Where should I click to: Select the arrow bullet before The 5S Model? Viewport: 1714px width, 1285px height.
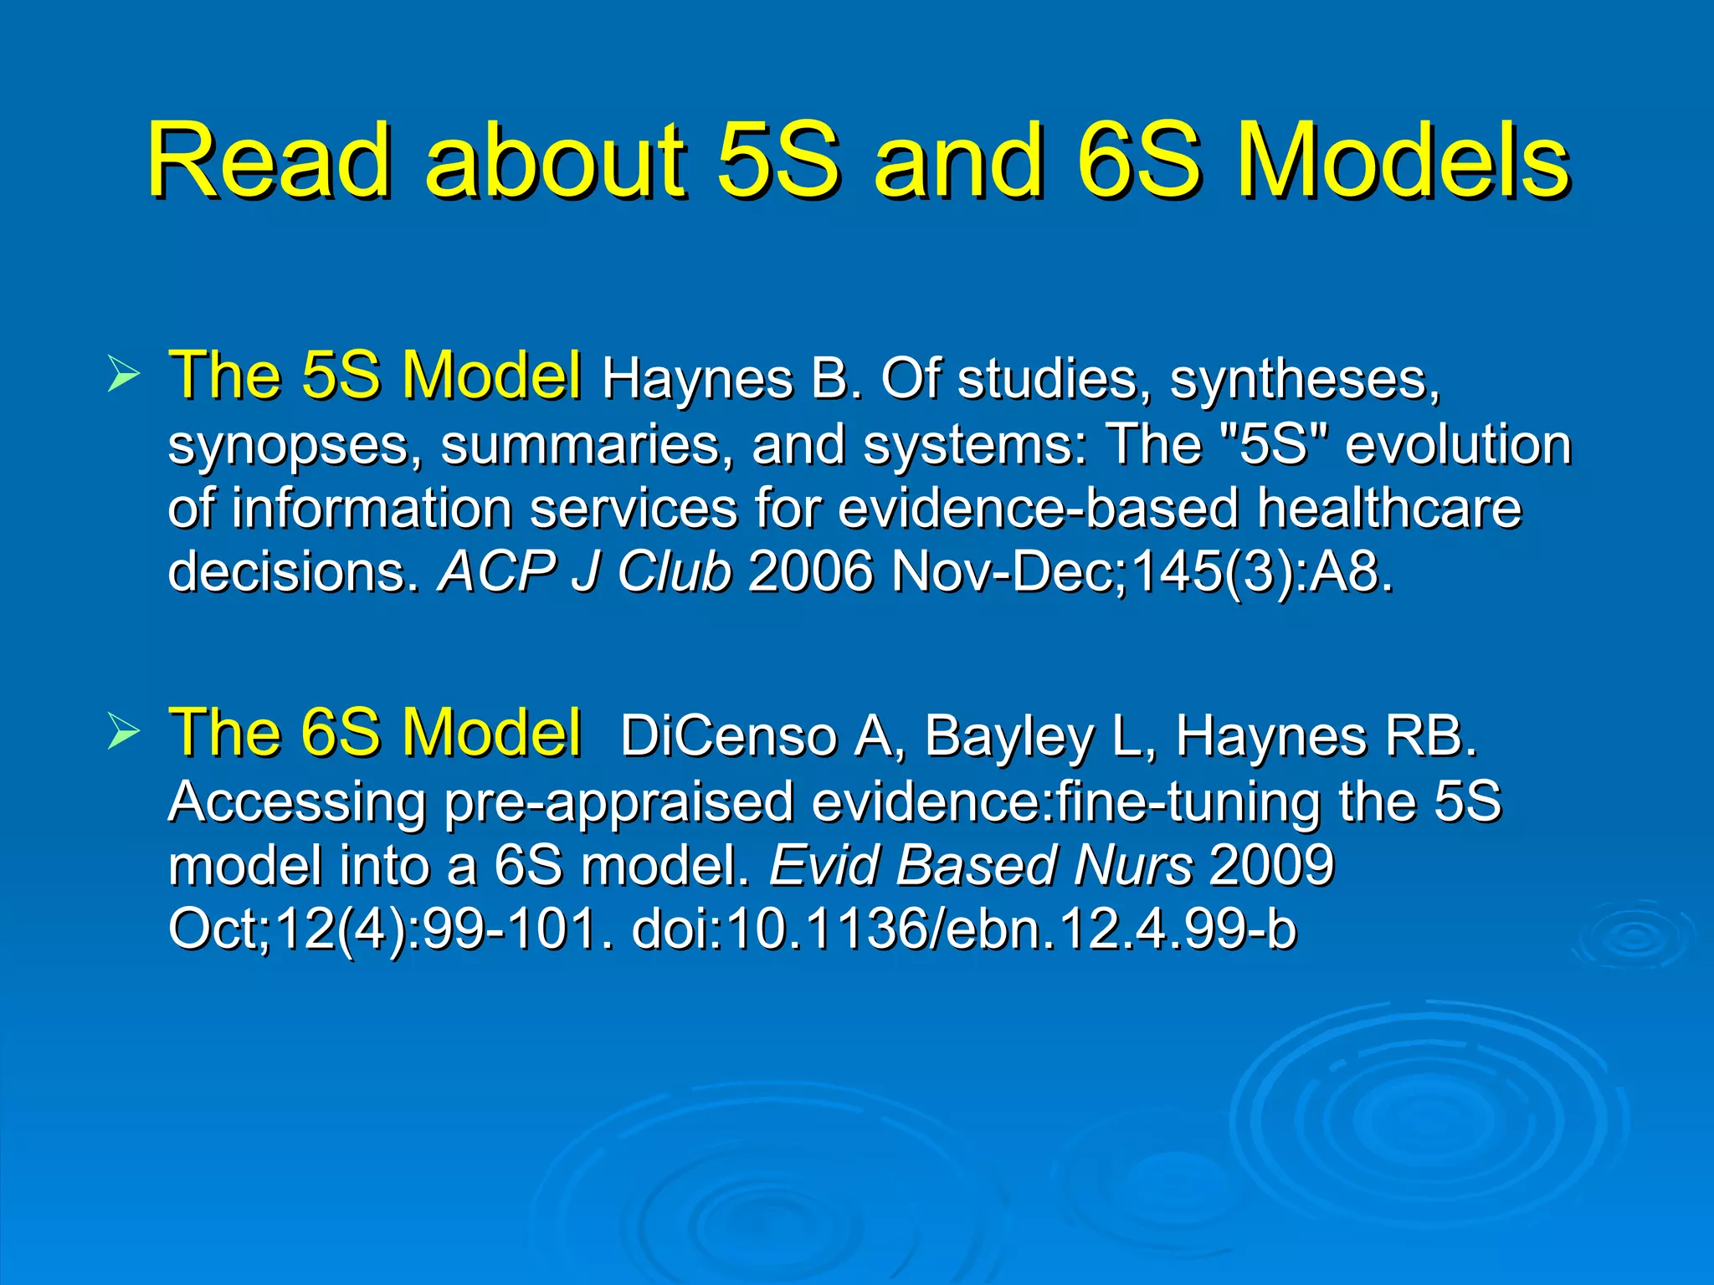click(123, 376)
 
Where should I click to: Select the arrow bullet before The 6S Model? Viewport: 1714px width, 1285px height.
click(123, 733)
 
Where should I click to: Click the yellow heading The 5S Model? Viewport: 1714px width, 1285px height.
click(374, 376)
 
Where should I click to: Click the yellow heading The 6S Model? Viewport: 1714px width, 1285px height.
click(374, 733)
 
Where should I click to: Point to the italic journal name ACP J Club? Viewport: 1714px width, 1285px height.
click(585, 572)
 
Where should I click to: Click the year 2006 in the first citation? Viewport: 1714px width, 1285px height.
click(810, 572)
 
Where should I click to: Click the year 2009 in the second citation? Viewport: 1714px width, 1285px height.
click(1272, 865)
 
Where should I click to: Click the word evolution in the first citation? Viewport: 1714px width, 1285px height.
click(1458, 444)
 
